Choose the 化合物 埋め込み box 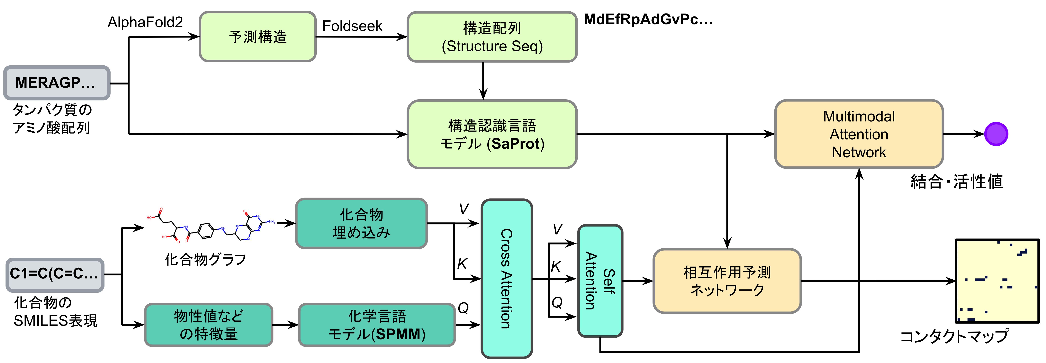361,223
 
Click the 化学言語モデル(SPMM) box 377,325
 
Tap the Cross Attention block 506,278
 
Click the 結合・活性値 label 956,182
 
